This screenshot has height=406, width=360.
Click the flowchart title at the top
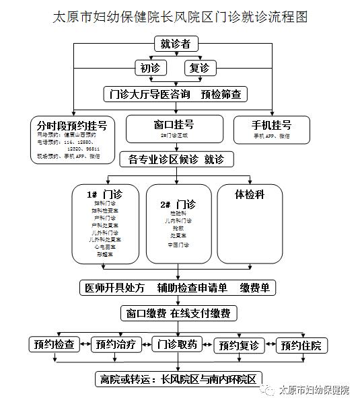coord(179,17)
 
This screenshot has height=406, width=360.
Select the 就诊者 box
coord(176,44)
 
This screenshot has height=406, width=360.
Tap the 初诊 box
coord(151,68)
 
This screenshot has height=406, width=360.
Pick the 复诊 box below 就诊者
coord(201,68)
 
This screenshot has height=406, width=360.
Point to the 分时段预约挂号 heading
coord(73,126)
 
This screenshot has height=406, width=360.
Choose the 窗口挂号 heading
coord(174,124)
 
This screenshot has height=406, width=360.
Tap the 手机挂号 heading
coord(271,125)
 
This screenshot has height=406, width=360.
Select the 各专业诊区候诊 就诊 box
coord(176,159)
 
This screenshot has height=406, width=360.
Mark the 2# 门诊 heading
coord(178,204)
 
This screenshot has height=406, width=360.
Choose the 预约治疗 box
coord(116,345)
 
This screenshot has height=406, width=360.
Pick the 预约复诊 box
coord(239,346)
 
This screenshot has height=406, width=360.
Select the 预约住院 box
coord(301,346)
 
